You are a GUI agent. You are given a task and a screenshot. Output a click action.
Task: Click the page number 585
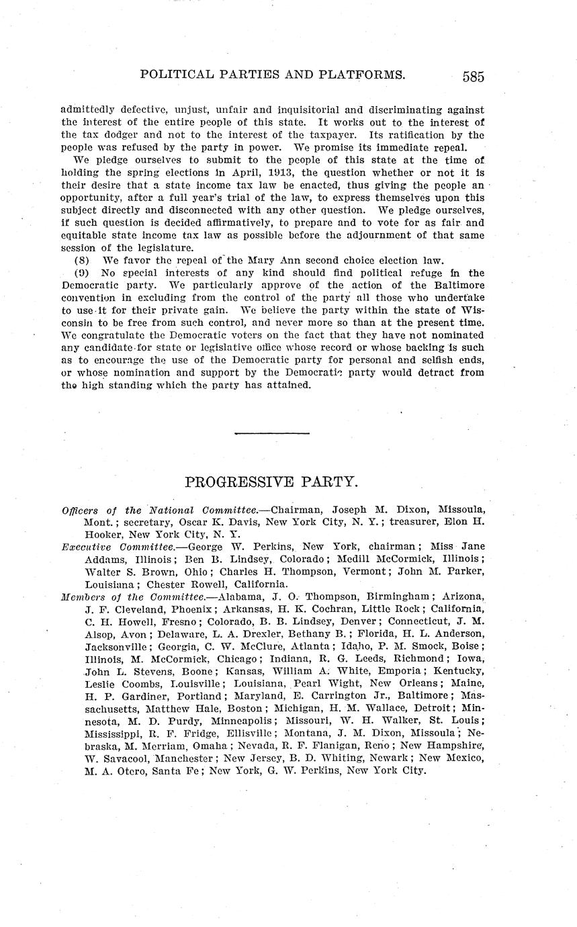click(473, 76)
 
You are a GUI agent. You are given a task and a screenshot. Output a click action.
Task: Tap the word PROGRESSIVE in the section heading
click(238, 482)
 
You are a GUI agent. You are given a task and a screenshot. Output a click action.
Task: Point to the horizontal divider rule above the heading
click(272, 433)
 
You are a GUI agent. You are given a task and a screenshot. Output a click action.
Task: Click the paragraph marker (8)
click(82, 260)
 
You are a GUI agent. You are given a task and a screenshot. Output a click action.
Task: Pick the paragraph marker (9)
click(82, 273)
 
